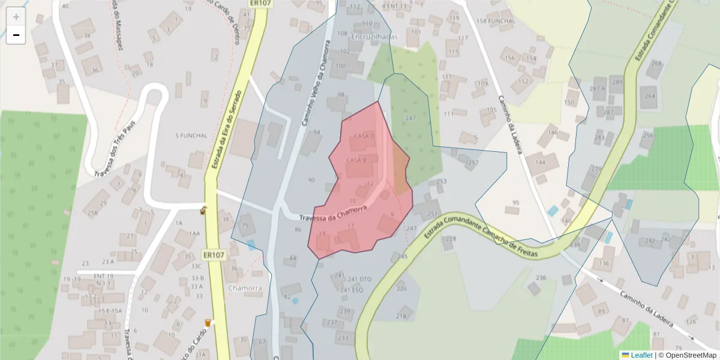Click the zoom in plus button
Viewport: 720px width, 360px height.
(16, 17)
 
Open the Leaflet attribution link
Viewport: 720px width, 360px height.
(641, 355)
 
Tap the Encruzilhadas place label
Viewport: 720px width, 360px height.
(373, 37)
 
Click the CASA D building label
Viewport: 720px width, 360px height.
(364, 136)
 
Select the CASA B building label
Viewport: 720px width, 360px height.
(356, 160)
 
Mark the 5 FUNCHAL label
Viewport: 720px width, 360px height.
(191, 136)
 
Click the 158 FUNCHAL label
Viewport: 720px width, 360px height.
(495, 21)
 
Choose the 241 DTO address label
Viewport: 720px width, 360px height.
(360, 279)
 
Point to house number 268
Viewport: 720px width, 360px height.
(657, 64)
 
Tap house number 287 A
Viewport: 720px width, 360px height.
(597, 88)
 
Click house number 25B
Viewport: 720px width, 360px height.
(92, 213)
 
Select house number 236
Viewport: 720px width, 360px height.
(541, 278)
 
